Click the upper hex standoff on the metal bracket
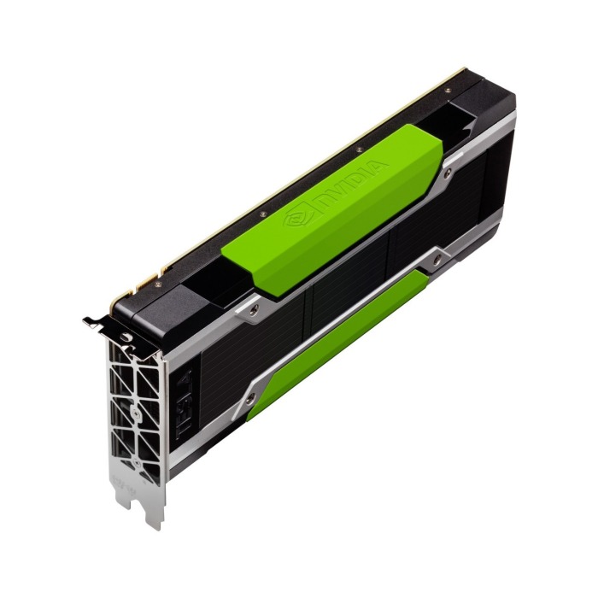click(126, 339)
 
